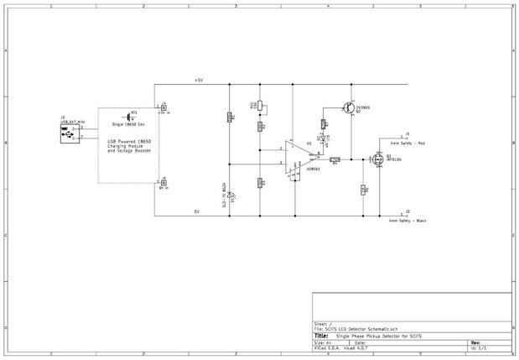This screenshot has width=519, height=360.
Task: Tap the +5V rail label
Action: tap(199, 81)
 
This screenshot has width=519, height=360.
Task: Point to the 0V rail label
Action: tap(197, 211)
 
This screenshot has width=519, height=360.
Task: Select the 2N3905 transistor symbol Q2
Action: tap(347, 107)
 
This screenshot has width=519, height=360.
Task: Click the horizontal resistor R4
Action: tap(334, 159)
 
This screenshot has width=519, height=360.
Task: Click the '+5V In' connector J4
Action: tap(163, 107)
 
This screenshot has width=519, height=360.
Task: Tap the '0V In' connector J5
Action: tap(163, 180)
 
